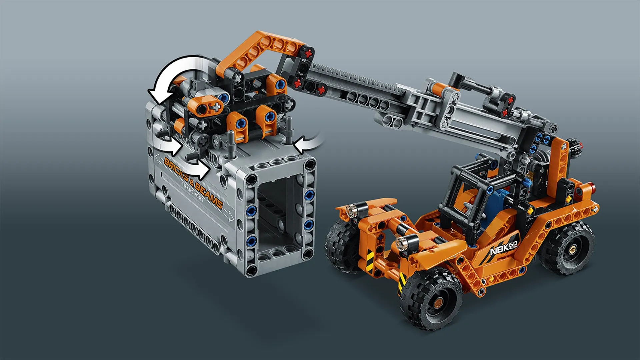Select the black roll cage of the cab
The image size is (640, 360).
point(467,187)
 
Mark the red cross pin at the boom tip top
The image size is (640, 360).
point(309,53)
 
